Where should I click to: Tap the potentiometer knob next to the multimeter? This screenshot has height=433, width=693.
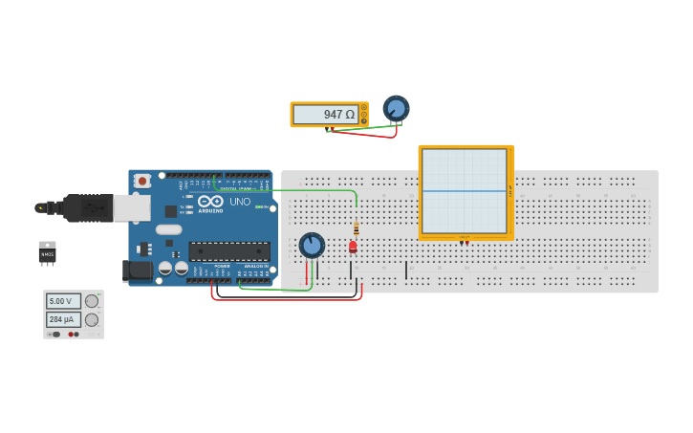coord(396,108)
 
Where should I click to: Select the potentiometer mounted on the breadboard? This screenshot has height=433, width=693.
coord(312,246)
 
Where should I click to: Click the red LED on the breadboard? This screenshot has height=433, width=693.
coord(353,247)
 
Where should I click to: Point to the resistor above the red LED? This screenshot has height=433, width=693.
coord(357,228)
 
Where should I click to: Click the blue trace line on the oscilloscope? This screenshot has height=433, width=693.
coord(465,191)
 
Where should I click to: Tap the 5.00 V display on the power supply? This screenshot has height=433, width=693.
coord(63,301)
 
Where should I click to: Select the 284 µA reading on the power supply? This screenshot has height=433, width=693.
coord(63,319)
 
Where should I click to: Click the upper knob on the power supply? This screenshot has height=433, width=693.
coord(92,301)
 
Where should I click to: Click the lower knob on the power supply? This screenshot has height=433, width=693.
coord(92,319)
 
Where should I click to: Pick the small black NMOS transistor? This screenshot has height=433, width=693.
coord(47,252)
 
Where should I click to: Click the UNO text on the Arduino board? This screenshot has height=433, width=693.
coord(240,202)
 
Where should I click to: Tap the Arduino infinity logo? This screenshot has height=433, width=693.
coord(210,202)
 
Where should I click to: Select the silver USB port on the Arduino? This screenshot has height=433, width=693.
coord(132,207)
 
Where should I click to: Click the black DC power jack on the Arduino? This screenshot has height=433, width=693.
coord(138,271)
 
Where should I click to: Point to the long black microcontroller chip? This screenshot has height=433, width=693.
coord(228,251)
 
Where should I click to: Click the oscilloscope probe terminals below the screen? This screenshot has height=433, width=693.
coord(464,242)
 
